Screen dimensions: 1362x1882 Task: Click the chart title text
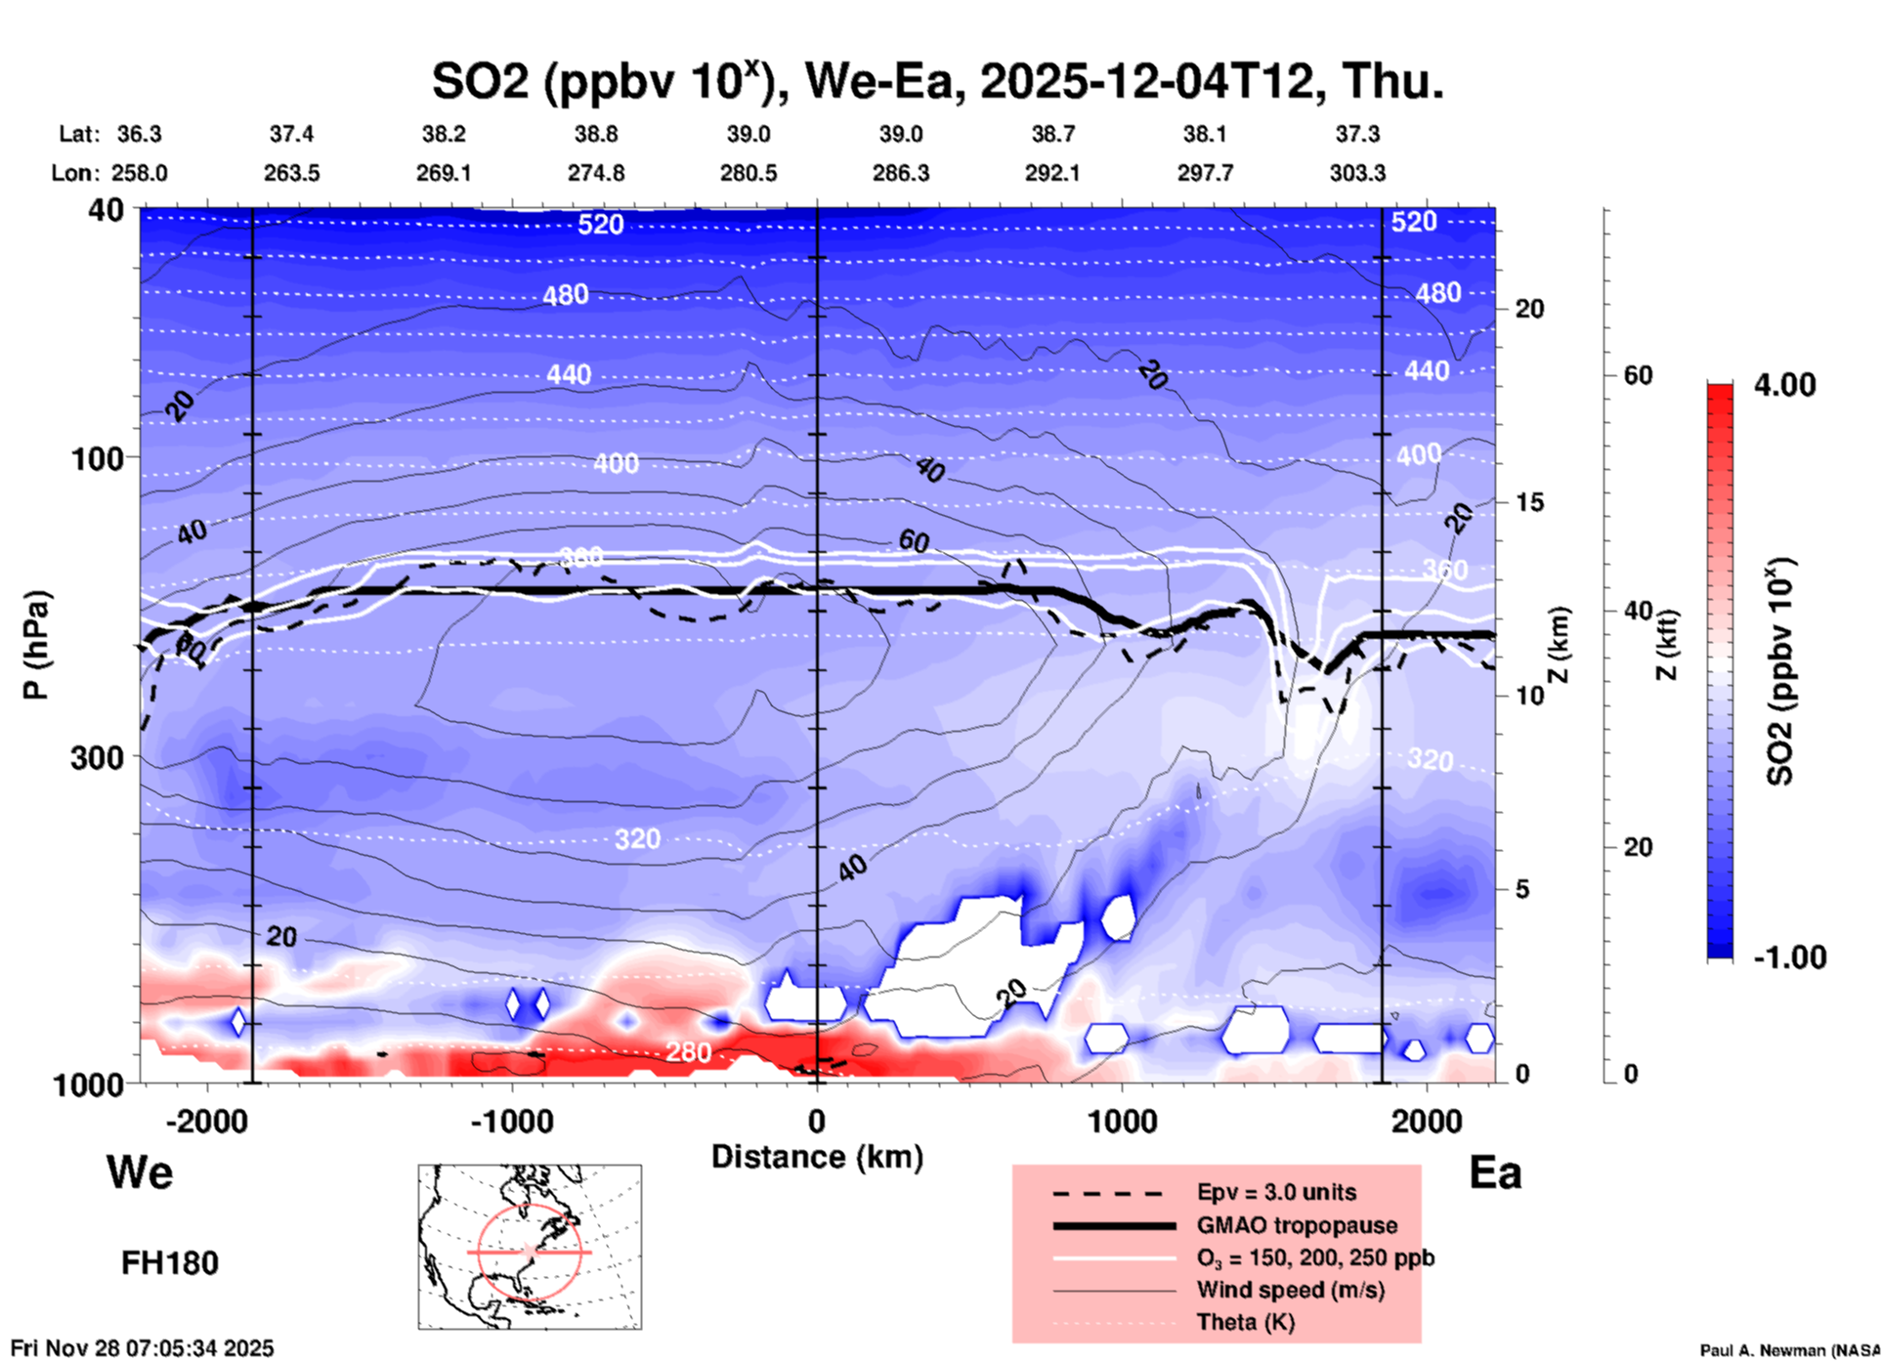coord(937,82)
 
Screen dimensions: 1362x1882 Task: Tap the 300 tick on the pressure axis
coord(95,757)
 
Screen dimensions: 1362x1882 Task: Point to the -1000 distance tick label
coord(511,1121)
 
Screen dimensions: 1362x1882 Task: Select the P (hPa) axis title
coord(36,645)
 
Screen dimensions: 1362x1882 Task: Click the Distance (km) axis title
coord(817,1157)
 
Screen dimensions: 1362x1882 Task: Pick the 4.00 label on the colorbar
coord(1784,385)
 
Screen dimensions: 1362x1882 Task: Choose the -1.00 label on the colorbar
coord(1789,958)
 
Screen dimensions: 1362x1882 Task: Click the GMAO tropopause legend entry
coord(1297,1225)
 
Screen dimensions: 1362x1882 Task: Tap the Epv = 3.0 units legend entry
coord(1276,1193)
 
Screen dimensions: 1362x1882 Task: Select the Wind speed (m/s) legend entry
coord(1290,1290)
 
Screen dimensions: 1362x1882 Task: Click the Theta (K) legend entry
coord(1246,1322)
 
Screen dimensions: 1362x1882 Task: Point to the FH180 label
coord(170,1263)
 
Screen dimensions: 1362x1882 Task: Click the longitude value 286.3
coord(900,173)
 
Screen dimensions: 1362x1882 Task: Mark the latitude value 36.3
coord(139,134)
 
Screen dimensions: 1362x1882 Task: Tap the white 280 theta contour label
coord(688,1052)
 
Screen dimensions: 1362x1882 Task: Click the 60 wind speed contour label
coord(914,540)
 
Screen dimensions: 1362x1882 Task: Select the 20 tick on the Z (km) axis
coord(1529,310)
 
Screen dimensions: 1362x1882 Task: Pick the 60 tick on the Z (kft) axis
coord(1638,375)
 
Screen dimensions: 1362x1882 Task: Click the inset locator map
coord(530,1247)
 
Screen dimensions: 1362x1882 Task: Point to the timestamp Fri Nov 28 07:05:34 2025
coord(143,1348)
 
